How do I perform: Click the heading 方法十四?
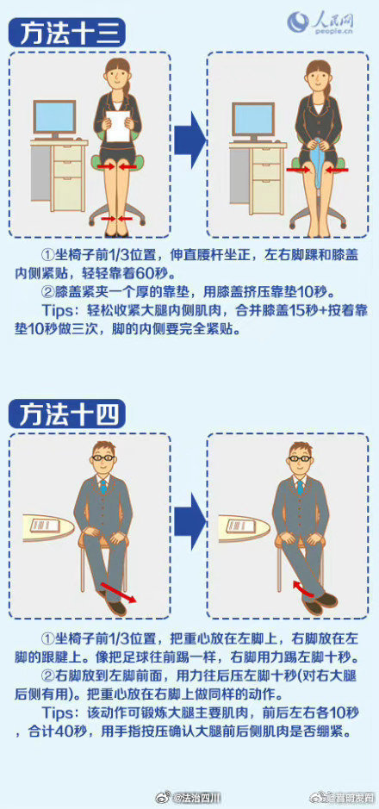tap(66, 414)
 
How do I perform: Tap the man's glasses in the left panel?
tap(103, 457)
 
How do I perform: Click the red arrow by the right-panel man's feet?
tap(303, 589)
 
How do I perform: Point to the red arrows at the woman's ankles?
tap(113, 220)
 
